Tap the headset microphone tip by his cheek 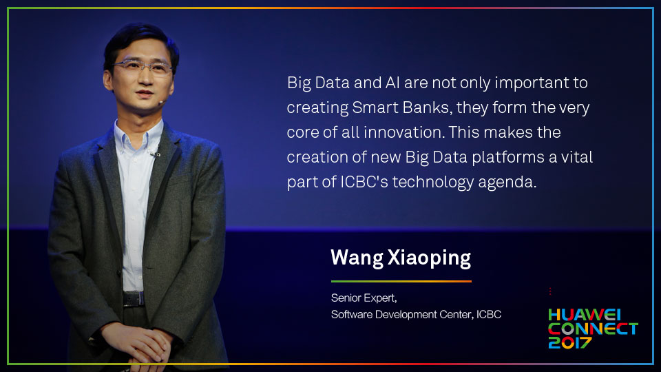pos(160,102)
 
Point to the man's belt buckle pos(133,298)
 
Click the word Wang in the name pos(357,258)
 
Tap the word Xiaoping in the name pos(429,258)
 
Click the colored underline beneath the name pos(401,281)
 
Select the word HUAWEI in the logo pos(585,315)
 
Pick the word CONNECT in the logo pos(593,329)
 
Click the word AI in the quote pos(392,83)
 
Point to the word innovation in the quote pos(403,132)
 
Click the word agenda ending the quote pos(507,183)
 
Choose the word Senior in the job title pos(344,298)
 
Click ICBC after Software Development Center pos(489,315)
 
